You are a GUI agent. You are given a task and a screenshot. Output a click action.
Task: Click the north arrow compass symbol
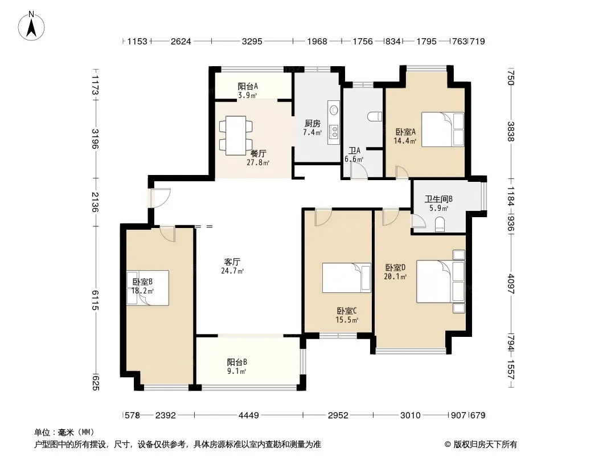pyautogui.click(x=31, y=26)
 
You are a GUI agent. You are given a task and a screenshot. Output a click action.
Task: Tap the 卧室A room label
pyautogui.click(x=405, y=132)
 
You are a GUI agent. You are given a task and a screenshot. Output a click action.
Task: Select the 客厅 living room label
pyautogui.click(x=232, y=262)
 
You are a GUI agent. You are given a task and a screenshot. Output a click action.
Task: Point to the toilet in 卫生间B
pyautogui.click(x=440, y=225)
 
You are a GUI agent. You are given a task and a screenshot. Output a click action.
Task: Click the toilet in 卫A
pyautogui.click(x=374, y=117)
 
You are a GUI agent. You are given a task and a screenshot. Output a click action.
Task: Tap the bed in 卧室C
pyautogui.click(x=346, y=278)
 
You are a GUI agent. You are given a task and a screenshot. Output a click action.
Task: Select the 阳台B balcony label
pyautogui.click(x=237, y=363)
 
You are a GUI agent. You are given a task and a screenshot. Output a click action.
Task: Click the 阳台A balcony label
pyautogui.click(x=248, y=86)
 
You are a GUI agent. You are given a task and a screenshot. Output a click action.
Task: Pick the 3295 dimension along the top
pyautogui.click(x=252, y=41)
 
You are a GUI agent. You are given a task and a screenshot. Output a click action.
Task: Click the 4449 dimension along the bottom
pyautogui.click(x=248, y=416)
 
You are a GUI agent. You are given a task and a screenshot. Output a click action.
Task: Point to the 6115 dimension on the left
pyautogui.click(x=95, y=300)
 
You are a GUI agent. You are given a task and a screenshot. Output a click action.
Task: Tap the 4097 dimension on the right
pyautogui.click(x=511, y=284)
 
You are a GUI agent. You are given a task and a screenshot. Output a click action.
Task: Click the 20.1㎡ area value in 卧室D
pyautogui.click(x=395, y=276)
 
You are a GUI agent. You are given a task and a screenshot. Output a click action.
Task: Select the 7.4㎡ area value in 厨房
pyautogui.click(x=313, y=132)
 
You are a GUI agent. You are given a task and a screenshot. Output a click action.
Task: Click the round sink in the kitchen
pyautogui.click(x=333, y=109)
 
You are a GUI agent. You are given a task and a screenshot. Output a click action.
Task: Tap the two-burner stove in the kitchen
pyautogui.click(x=333, y=131)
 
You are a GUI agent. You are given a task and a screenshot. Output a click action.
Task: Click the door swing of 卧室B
pyautogui.click(x=167, y=233)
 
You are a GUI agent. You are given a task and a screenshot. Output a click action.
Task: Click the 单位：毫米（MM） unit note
pyautogui.click(x=64, y=432)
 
